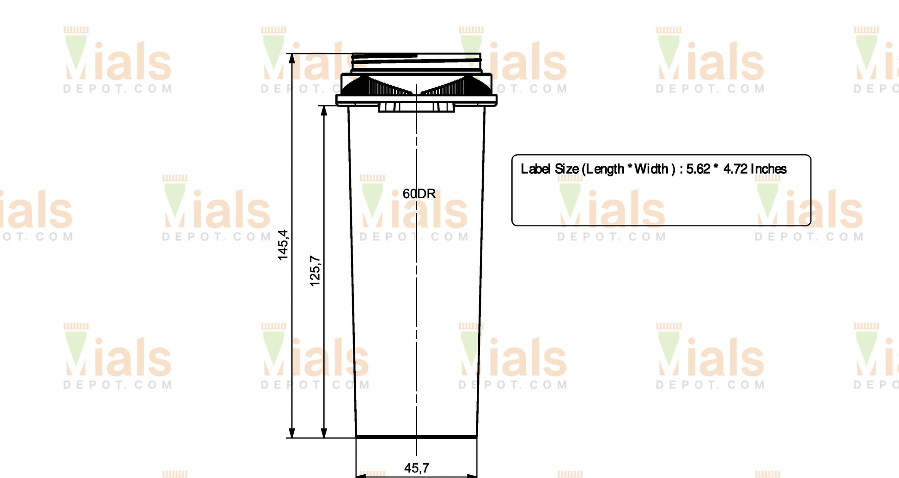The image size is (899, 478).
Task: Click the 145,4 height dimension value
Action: pos(283,245)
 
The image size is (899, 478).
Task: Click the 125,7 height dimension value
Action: pos(315,271)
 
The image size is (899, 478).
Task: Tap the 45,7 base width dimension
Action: pos(417,468)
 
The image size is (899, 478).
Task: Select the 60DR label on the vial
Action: pos(419,194)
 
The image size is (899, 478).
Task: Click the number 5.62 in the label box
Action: pos(698,169)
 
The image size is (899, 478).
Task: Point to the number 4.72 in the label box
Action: pos(735,169)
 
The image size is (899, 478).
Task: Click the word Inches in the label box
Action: pos(769,169)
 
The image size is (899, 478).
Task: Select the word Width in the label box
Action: pos(651,169)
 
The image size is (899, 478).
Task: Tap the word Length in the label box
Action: pos(605,169)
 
